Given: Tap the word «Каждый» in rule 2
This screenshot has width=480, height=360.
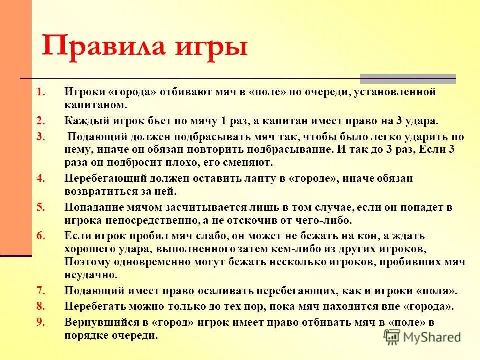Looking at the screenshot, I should pyautogui.click(x=83, y=121).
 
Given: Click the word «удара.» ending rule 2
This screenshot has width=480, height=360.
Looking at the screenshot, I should pyautogui.click(x=422, y=121).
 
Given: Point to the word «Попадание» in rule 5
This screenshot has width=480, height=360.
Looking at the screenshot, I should pyautogui.click(x=93, y=207).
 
